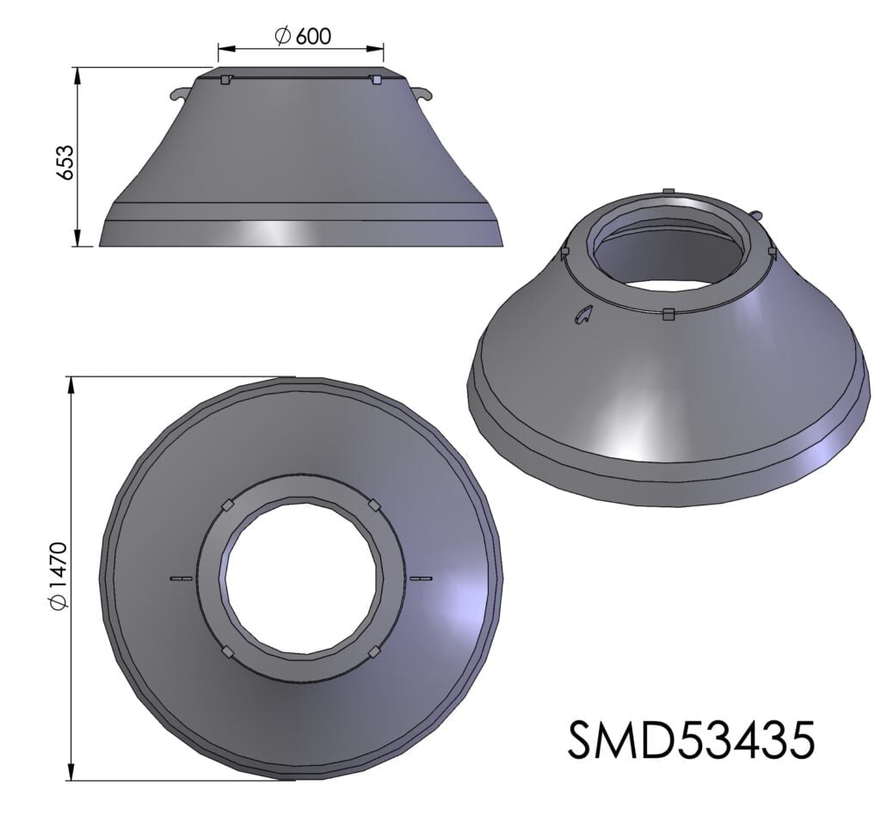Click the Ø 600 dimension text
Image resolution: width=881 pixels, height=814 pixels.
pos(302,36)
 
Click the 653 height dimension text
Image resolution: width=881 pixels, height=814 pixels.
pos(66,162)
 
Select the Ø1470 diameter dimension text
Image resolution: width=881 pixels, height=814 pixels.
pos(59,575)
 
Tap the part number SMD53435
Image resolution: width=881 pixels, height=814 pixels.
pos(691,740)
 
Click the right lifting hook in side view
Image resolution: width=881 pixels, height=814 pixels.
pos(423,93)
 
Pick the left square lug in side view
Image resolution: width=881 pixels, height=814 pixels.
pos(225,80)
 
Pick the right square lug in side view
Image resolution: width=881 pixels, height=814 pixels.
pos(376,80)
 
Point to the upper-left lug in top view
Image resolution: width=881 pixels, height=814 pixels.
pos(227,505)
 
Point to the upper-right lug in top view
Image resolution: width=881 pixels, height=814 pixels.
pos(374,505)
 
